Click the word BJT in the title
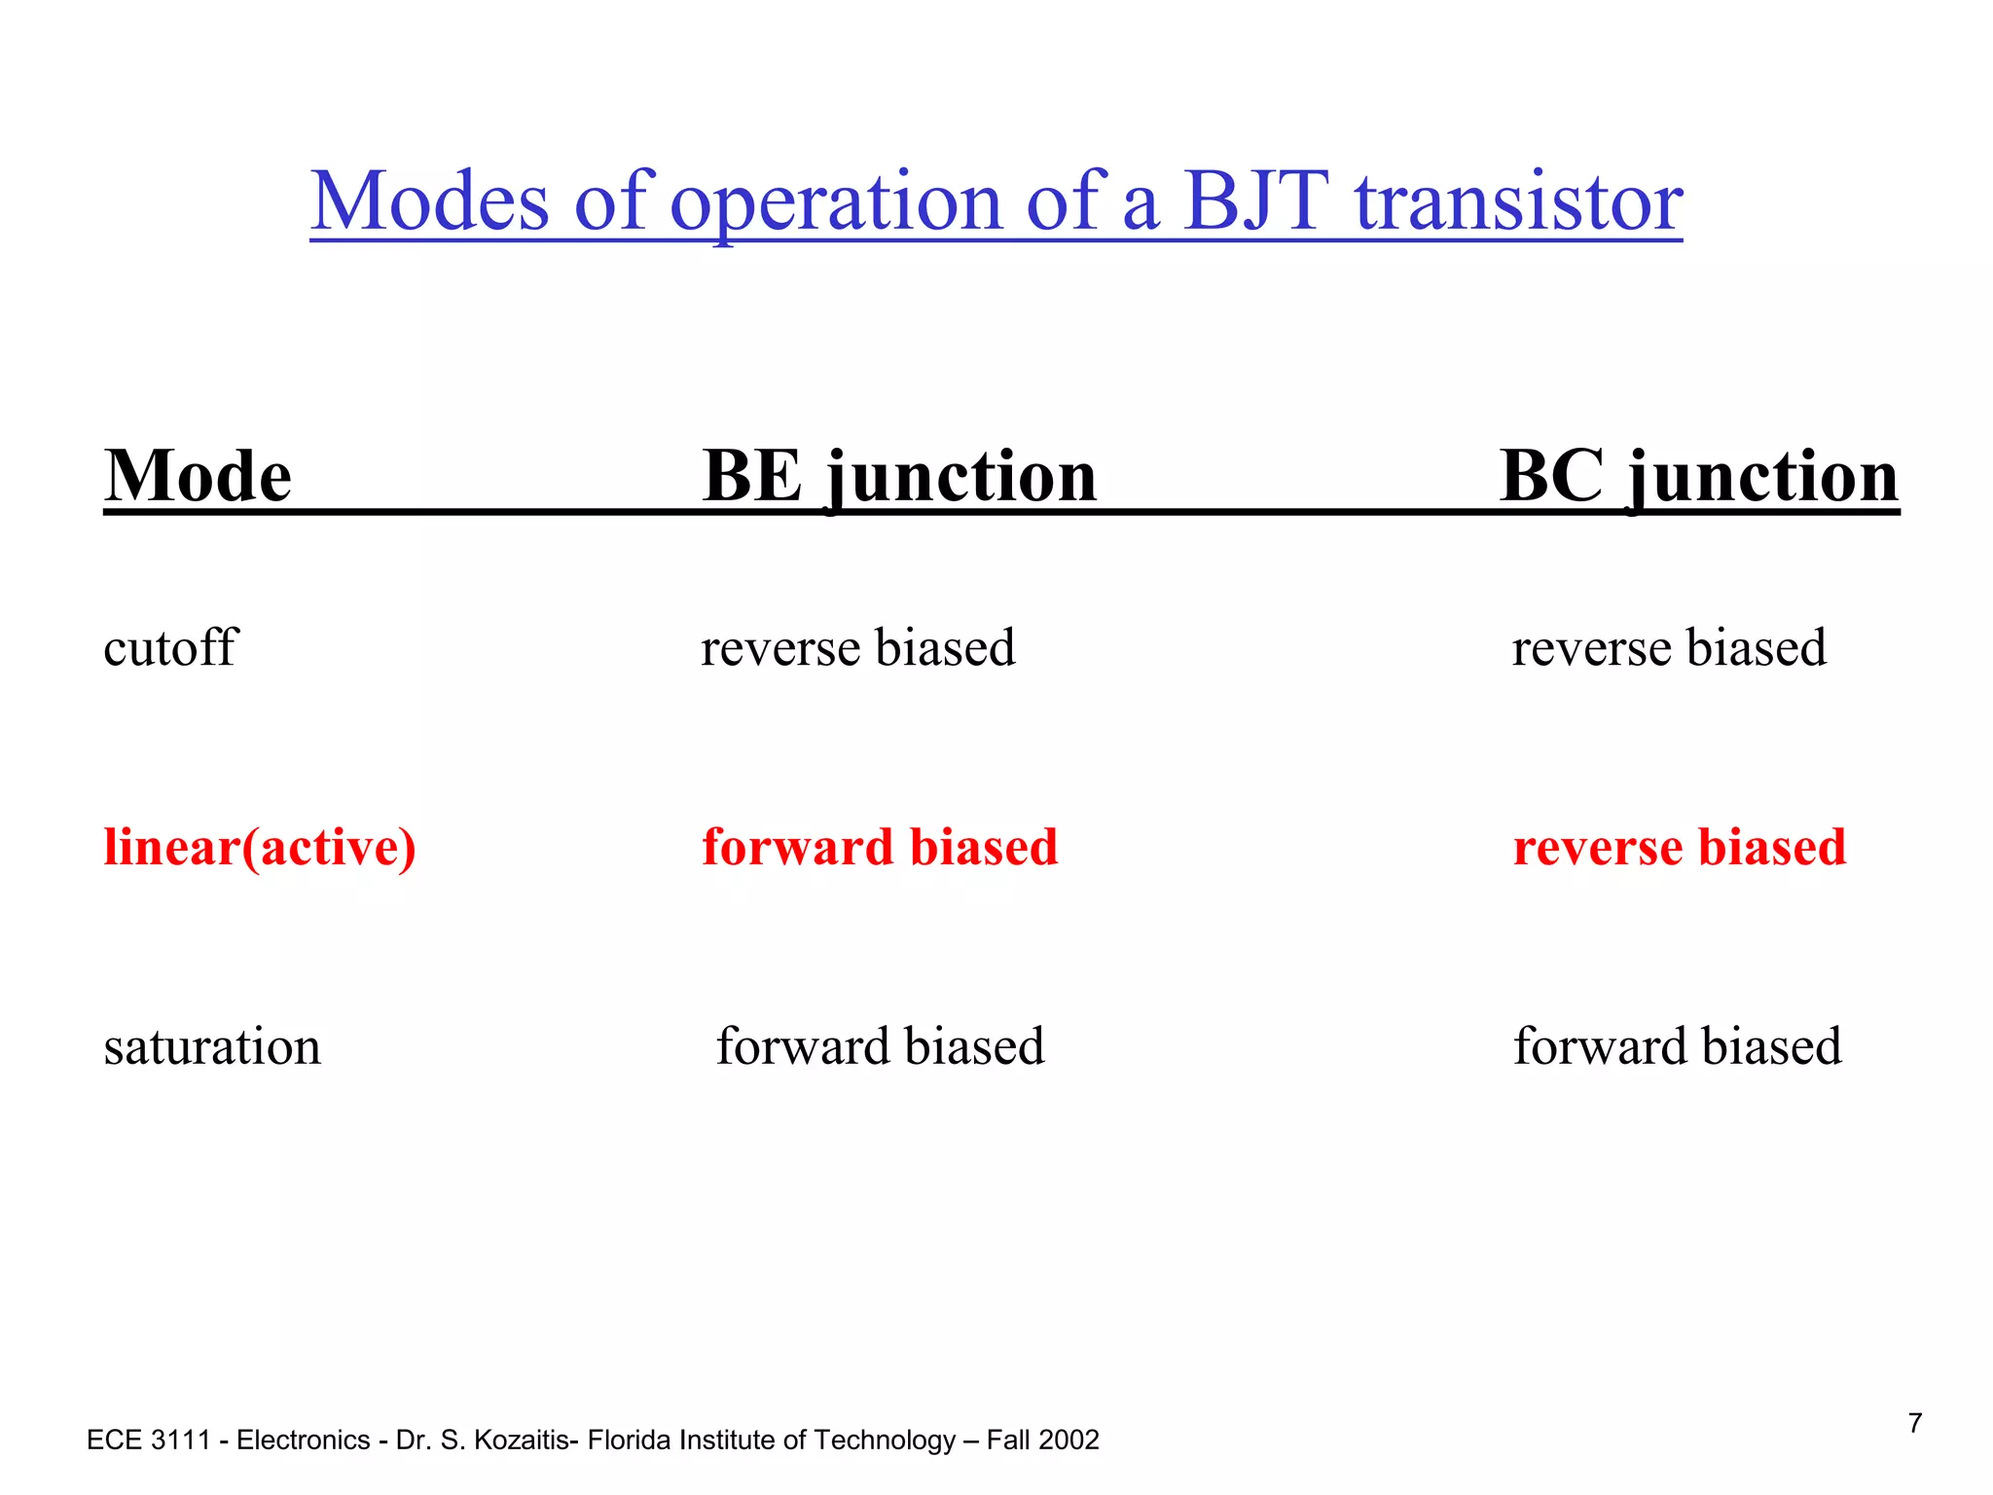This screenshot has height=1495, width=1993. point(1256,201)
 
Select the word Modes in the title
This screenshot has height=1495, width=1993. point(429,201)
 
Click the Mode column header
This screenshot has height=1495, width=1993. point(198,476)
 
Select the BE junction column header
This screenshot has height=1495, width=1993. point(899,476)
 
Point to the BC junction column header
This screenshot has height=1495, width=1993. point(1698,476)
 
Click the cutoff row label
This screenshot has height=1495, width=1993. point(170,647)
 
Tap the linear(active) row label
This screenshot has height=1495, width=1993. point(260,847)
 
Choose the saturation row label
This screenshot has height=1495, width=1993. point(212,1047)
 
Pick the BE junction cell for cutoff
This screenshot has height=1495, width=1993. point(857,647)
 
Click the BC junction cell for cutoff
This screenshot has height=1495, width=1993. point(1668,647)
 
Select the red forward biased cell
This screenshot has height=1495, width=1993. point(880,847)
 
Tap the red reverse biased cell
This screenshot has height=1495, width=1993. point(1680,847)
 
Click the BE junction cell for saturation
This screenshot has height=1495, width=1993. point(880,1047)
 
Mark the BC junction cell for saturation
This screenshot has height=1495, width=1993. point(1677,1047)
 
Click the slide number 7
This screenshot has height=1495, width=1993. point(1914,1423)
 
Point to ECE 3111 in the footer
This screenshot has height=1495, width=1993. point(149,1440)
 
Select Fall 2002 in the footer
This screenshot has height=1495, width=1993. point(1042,1440)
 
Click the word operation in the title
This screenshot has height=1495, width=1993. point(836,201)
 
